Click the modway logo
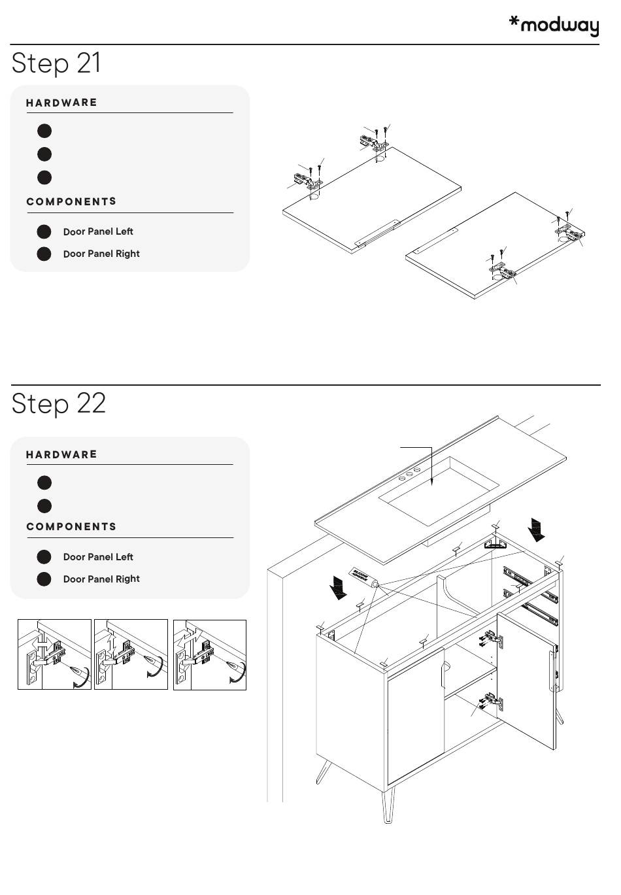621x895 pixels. (x=554, y=25)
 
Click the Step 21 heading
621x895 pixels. (x=56, y=63)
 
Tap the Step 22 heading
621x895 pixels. (x=58, y=403)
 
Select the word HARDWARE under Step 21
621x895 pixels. (x=61, y=103)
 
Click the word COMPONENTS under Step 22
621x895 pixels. (x=71, y=527)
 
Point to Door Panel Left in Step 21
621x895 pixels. (x=98, y=231)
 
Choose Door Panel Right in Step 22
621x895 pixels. (x=101, y=579)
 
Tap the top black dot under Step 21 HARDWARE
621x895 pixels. (x=44, y=131)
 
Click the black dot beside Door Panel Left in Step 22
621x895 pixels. (x=44, y=557)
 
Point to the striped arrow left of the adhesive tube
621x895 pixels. (x=339, y=586)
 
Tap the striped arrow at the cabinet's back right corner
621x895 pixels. (x=537, y=528)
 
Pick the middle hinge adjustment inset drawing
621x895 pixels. (x=131, y=654)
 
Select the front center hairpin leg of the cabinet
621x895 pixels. (x=388, y=803)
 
